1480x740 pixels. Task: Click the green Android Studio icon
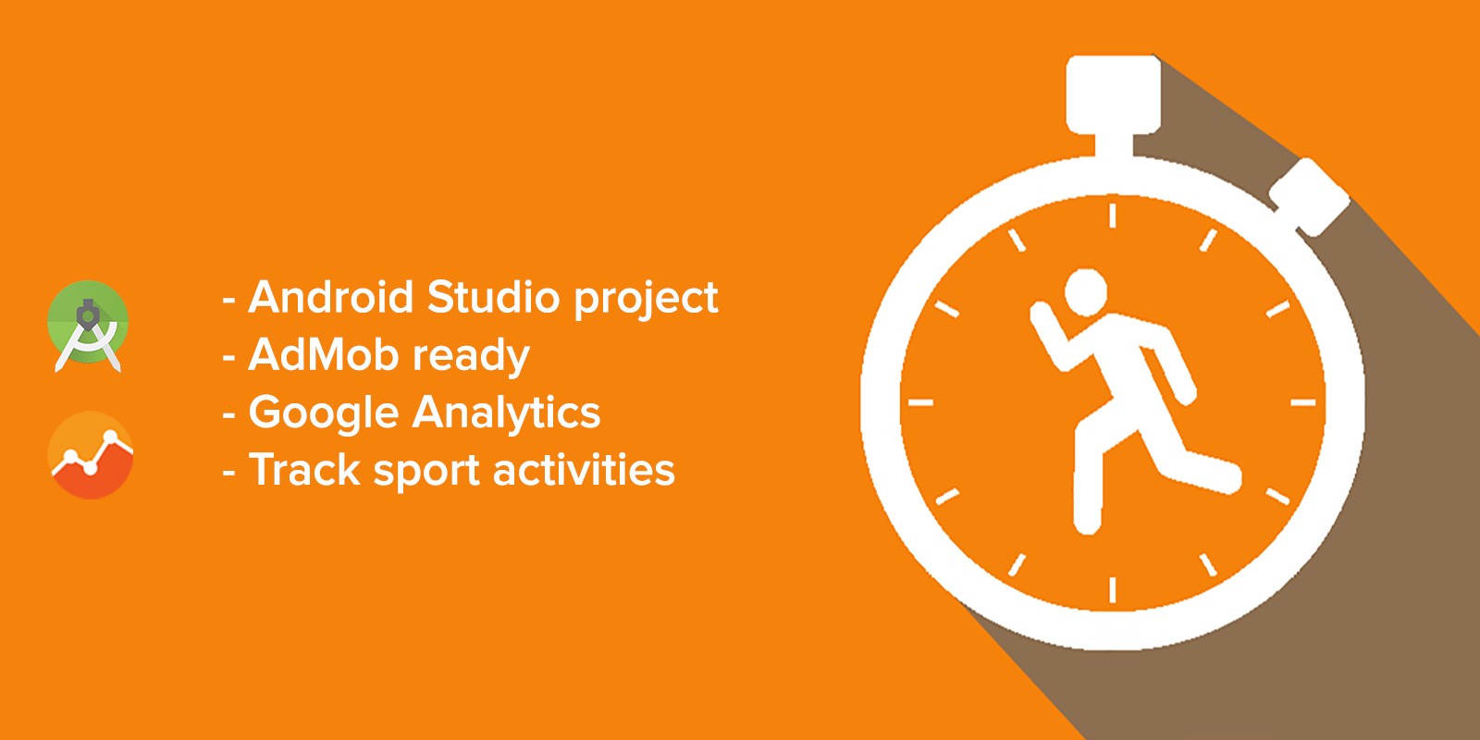tap(88, 325)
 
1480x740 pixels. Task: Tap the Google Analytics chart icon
tap(91, 454)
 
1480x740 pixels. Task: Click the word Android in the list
tap(330, 297)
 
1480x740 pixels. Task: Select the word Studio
tap(494, 297)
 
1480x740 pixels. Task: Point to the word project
tap(646, 299)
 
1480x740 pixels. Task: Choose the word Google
tap(324, 413)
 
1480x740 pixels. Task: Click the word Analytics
tap(507, 413)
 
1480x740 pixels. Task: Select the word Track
tap(304, 470)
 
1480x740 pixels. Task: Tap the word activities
tap(584, 470)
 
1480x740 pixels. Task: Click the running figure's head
tap(1086, 291)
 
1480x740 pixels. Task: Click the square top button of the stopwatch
tap(1114, 94)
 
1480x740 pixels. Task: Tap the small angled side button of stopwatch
tap(1310, 196)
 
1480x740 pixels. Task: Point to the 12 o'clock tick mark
tap(1113, 216)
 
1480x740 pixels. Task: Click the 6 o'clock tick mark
tap(1113, 589)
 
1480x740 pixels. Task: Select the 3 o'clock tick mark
tap(1303, 402)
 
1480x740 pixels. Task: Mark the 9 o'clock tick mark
tap(921, 402)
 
